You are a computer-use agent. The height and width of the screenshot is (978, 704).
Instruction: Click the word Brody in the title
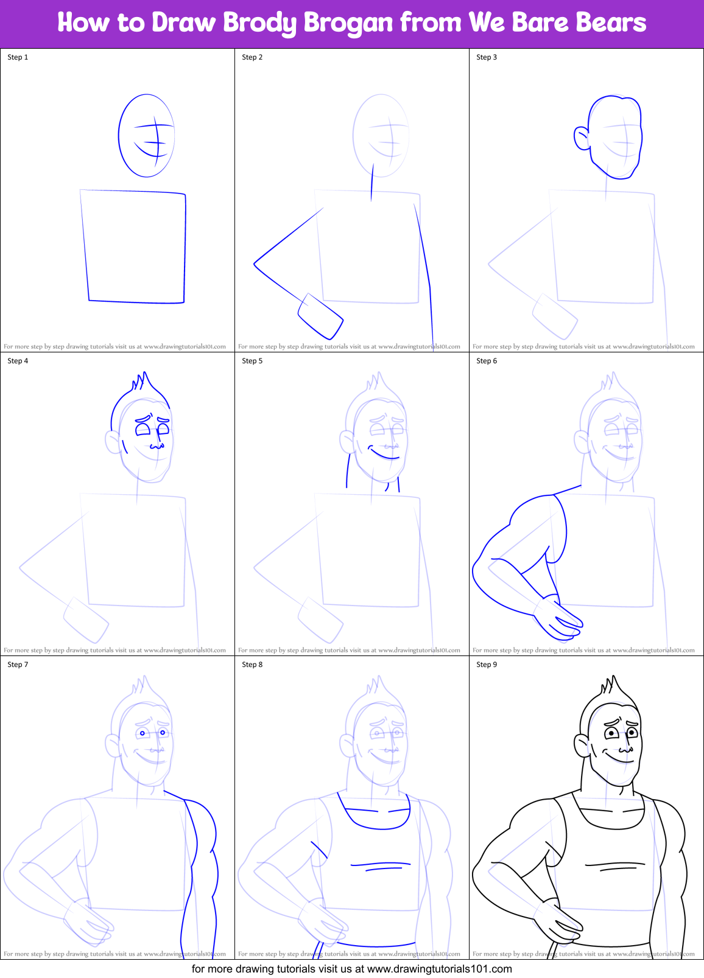(x=261, y=23)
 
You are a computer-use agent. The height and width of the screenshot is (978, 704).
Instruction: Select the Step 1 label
(x=18, y=57)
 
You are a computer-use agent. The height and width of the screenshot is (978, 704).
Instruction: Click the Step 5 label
(x=252, y=361)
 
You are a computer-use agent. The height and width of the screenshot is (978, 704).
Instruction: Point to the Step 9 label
(x=487, y=665)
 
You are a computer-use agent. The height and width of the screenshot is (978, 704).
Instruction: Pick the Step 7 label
(x=18, y=665)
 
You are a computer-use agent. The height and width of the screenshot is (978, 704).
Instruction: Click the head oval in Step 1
(x=146, y=136)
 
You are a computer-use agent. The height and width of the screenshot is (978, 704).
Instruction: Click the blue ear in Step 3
(x=582, y=138)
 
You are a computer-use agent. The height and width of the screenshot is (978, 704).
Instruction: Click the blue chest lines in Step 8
(x=381, y=865)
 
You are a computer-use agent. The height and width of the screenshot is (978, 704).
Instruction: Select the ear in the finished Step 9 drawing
(x=582, y=746)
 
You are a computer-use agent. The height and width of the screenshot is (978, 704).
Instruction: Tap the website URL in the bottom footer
(x=439, y=968)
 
